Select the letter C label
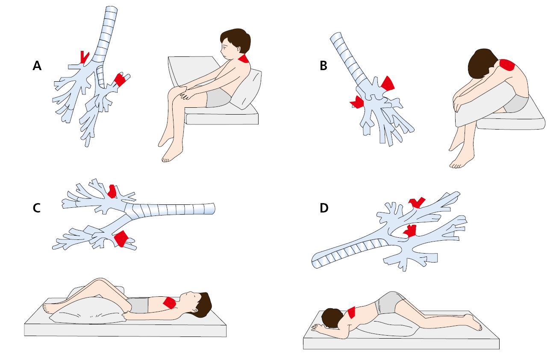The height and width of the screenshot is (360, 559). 38,208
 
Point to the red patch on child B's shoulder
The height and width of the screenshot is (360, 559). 508,65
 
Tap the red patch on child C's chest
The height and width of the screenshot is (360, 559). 169,303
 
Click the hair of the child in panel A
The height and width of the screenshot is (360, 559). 236,39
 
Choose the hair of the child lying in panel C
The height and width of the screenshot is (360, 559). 204,303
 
